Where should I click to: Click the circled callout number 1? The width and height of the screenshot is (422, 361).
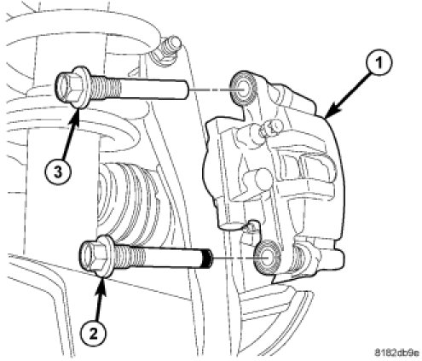pos(379,63)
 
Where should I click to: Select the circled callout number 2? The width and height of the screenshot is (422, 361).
pos(94,333)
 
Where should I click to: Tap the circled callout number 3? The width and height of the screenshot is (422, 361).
pos(58,172)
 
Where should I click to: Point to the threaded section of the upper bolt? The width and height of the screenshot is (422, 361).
pos(104,87)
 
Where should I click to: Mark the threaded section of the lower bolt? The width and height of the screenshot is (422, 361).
pos(129,256)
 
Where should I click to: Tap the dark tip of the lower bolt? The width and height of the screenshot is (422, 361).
pos(207,258)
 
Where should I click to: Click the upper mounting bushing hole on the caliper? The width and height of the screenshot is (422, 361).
pos(244,89)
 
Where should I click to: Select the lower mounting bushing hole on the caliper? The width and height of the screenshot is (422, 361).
pos(267,259)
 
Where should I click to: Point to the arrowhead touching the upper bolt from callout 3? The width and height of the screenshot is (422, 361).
pos(76,114)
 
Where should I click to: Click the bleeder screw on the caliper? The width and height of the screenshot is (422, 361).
pos(269,127)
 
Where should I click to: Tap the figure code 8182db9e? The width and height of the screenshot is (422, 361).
pos(397,352)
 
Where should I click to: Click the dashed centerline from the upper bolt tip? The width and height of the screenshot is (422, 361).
pos(211,90)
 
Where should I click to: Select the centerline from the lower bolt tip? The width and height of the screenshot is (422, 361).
pos(234,259)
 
